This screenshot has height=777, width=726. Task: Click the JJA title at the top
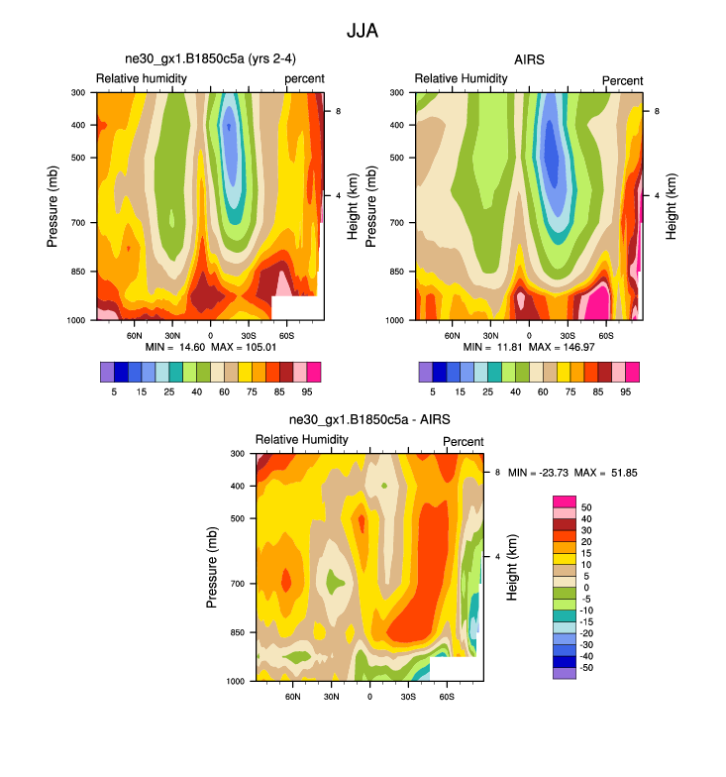pyautogui.click(x=363, y=31)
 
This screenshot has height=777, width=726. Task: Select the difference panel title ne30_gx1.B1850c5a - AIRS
pyautogui.click(x=369, y=420)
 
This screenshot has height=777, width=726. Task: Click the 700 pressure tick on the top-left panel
pyautogui.click(x=79, y=223)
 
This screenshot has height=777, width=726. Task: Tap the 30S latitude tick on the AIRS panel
pyautogui.click(x=569, y=336)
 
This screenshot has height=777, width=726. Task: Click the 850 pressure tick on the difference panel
pyautogui.click(x=238, y=632)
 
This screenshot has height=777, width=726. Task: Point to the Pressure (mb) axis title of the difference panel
pyautogui.click(x=214, y=566)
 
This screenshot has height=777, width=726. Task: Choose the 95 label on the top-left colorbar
pyautogui.click(x=307, y=392)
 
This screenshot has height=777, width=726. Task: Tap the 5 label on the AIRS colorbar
pyautogui.click(x=433, y=392)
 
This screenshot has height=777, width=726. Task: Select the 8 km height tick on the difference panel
pyautogui.click(x=497, y=473)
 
